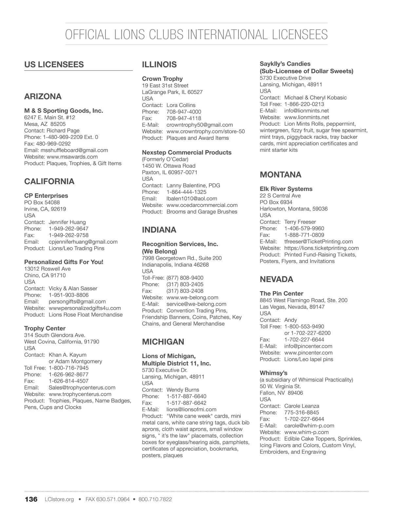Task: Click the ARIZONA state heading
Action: pyautogui.click(x=43, y=97)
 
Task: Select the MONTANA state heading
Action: pyautogui.click(x=280, y=175)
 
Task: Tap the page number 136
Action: pyautogui.click(x=31, y=499)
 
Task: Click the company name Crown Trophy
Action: pyautogui.click(x=162, y=79)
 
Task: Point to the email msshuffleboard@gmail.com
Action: pyautogui.click(x=74, y=150)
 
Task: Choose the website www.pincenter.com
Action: pyautogui.click(x=308, y=353)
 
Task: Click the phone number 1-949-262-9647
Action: pyautogui.click(x=68, y=228)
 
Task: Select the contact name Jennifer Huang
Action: pyautogui.click(x=67, y=222)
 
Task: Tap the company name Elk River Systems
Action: pyautogui.click(x=286, y=189)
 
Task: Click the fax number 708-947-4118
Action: pyautogui.click(x=184, y=118)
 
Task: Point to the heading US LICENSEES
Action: pyautogui.click(x=54, y=65)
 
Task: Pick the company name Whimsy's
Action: pyautogui.click(x=273, y=373)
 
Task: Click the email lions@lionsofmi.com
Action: pyautogui.click(x=191, y=409)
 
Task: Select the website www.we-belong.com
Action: pyautogui.click(x=192, y=297)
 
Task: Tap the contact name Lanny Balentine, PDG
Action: pyautogui.click(x=193, y=185)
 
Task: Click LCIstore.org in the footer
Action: pyautogui.click(x=59, y=499)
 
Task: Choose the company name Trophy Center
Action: pyautogui.click(x=45, y=328)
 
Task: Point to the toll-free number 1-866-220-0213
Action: pyautogui.click(x=304, y=104)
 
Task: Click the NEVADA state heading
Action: pyautogui.click(x=276, y=279)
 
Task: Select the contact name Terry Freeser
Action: pyautogui.click(x=300, y=222)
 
